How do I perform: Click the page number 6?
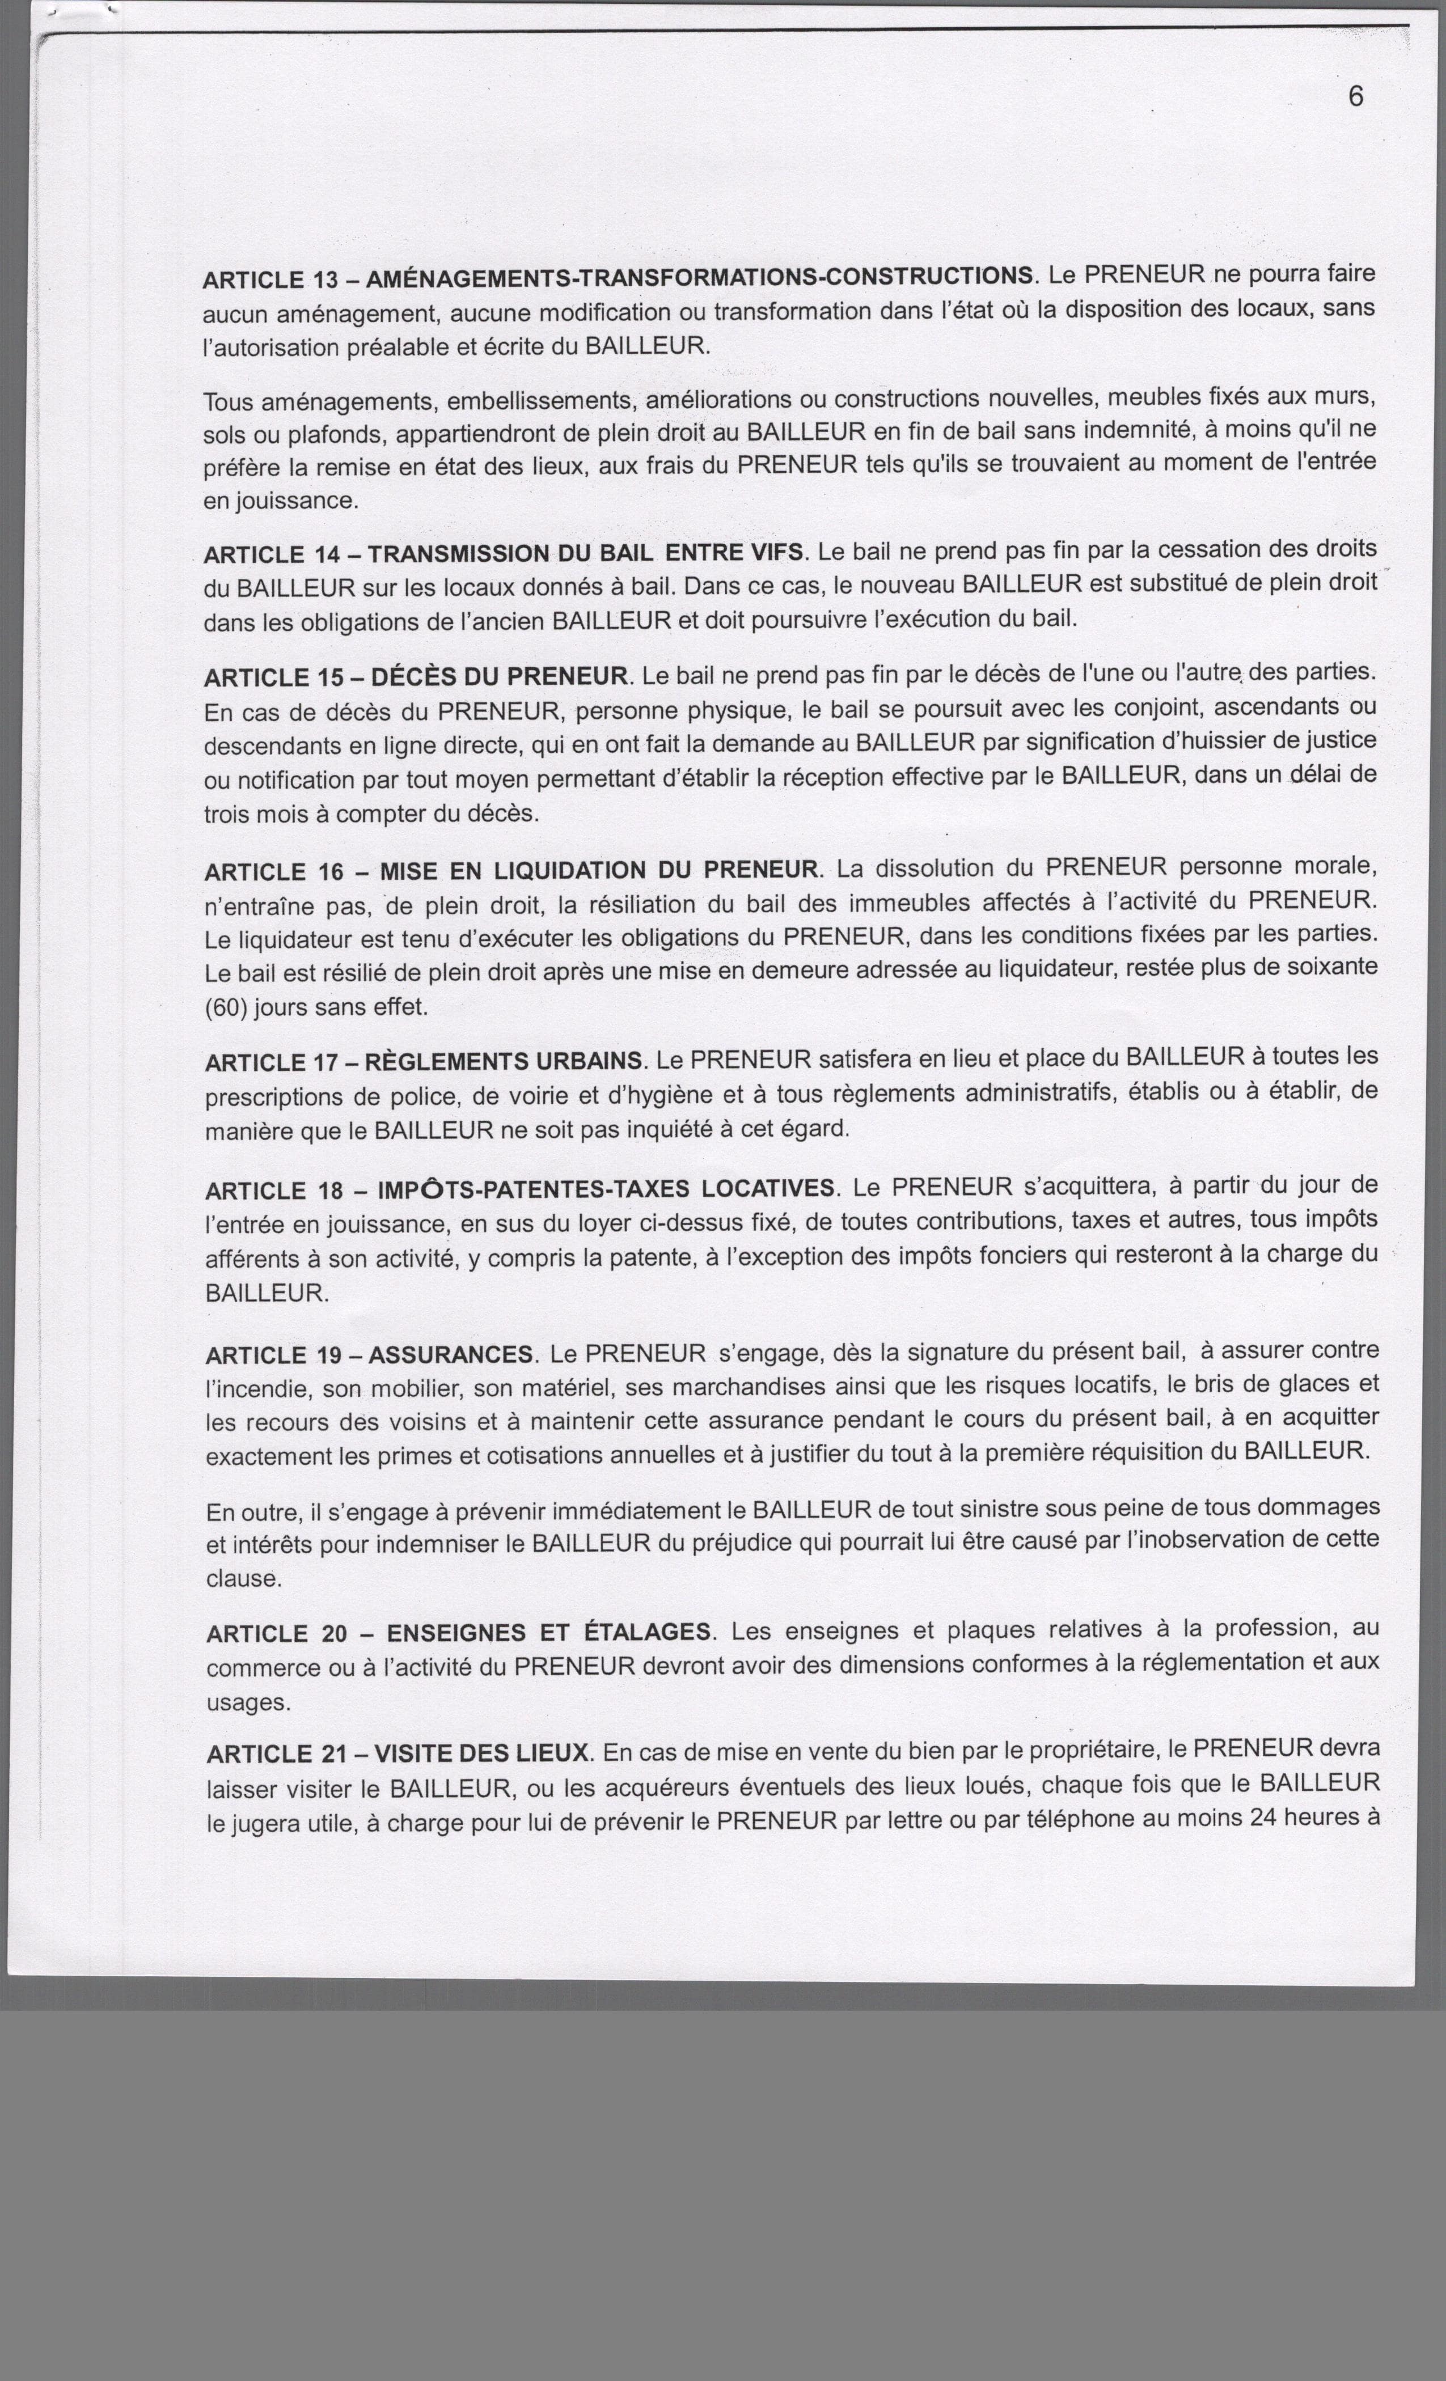point(1355,96)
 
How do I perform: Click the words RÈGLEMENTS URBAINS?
point(502,1062)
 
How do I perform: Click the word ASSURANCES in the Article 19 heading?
point(450,1355)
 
